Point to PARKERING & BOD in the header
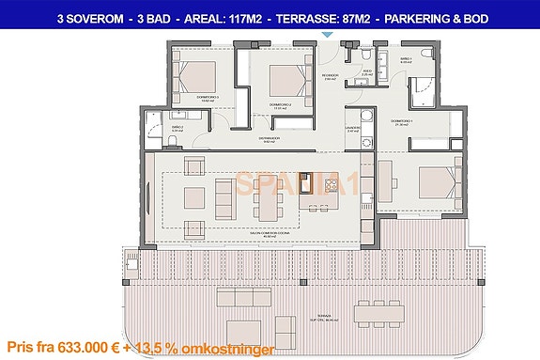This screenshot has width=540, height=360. [440, 18]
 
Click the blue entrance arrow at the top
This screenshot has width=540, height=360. [327, 35]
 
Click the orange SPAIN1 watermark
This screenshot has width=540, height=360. [296, 184]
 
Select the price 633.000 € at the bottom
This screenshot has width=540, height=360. [89, 344]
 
